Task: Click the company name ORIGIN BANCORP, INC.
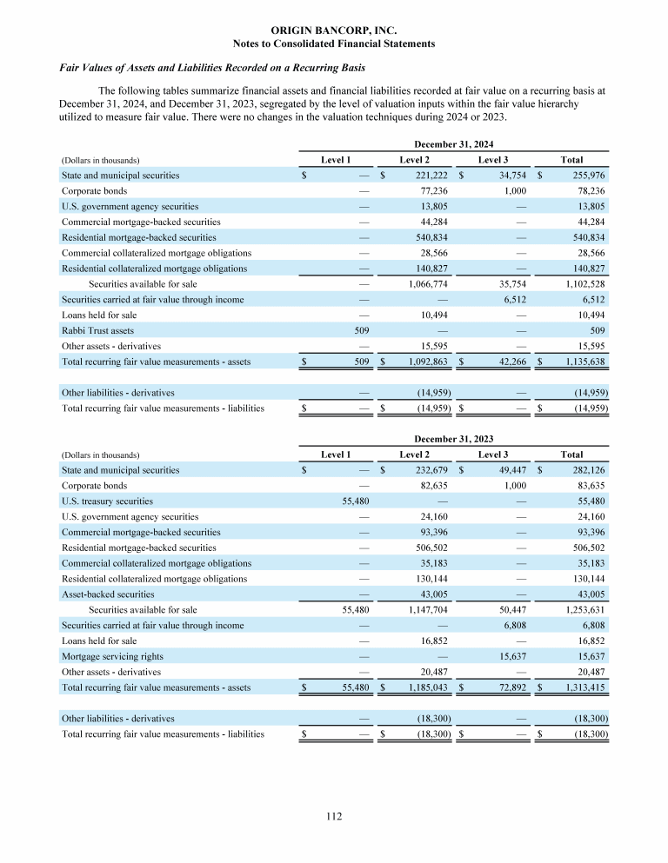[x=334, y=30]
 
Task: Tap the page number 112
[x=334, y=816]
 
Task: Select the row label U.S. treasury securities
[x=107, y=501]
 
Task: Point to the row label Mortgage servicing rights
[x=112, y=656]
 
